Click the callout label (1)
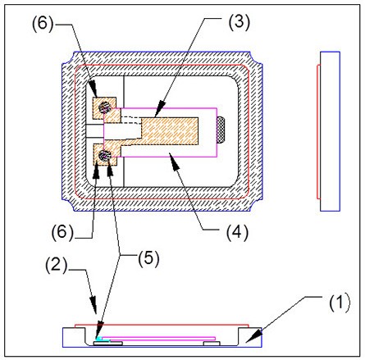[x=340, y=303]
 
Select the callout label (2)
[x=57, y=265]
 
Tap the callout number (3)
[x=240, y=21]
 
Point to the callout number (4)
[x=237, y=232]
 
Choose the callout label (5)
[x=148, y=258]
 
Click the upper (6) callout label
[x=43, y=23]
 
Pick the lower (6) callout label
[x=62, y=232]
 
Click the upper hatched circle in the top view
[x=104, y=107]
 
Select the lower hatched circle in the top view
[x=104, y=156]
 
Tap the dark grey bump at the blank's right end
[x=221, y=130]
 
